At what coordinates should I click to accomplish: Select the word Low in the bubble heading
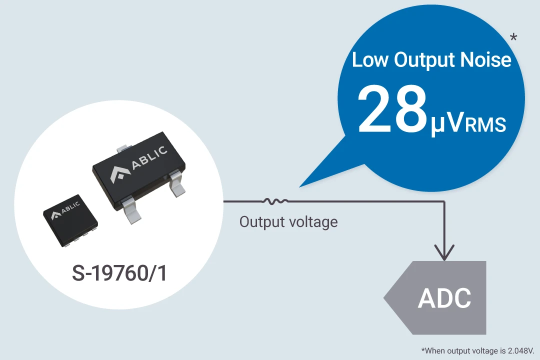click(370, 60)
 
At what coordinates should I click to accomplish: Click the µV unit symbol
click(447, 124)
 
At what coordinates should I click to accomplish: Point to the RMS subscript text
click(485, 125)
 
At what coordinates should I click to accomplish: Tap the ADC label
click(444, 298)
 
